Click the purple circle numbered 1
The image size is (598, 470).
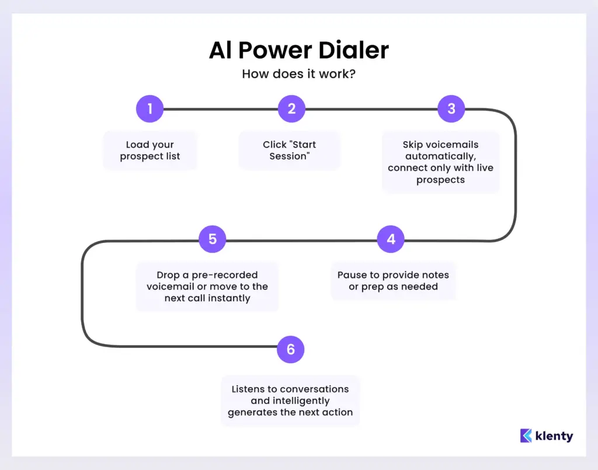149,109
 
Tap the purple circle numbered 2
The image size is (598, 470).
291,109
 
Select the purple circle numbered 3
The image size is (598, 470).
451,109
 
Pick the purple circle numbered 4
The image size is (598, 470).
391,239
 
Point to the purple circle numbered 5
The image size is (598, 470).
212,239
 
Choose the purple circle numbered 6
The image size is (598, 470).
291,350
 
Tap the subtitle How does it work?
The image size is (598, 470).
298,74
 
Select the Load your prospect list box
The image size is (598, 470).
150,151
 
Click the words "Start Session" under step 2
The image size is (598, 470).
289,151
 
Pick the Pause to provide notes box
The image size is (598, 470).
393,281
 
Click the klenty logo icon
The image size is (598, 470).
526,436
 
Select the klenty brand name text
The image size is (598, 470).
554,436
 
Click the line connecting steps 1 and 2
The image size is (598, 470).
221,109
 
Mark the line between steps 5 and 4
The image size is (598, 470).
301,240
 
